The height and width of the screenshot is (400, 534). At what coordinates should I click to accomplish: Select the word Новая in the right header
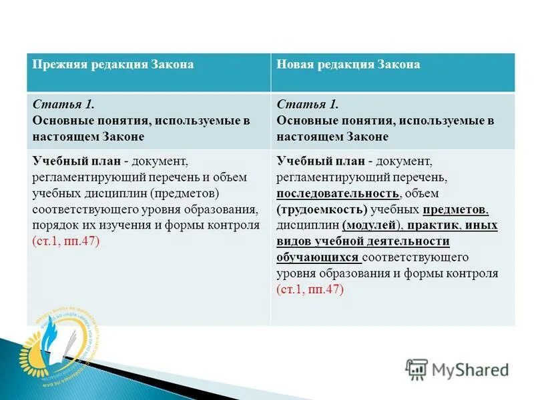(x=296, y=65)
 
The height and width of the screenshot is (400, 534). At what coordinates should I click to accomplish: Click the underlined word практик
(x=433, y=225)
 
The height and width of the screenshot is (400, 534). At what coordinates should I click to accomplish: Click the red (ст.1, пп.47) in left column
(x=65, y=241)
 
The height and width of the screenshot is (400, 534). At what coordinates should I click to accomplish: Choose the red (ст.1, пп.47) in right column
(x=310, y=289)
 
